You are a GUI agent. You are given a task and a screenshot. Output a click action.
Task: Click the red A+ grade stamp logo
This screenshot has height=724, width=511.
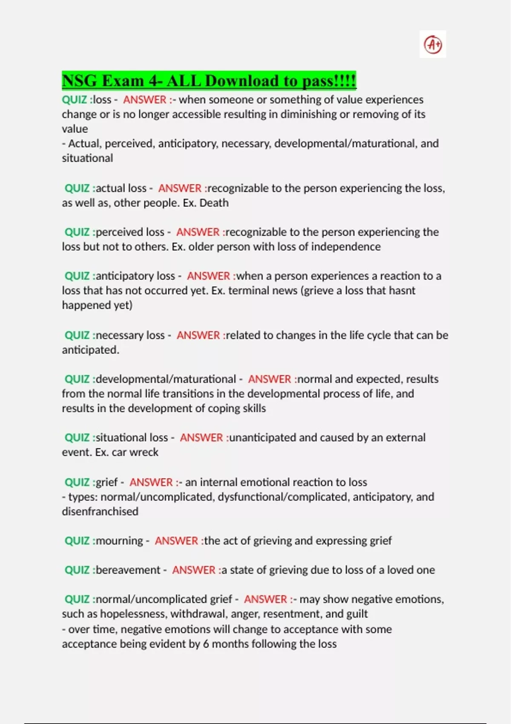(433, 44)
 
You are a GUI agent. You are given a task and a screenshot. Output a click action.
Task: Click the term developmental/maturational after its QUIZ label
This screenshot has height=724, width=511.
(166, 379)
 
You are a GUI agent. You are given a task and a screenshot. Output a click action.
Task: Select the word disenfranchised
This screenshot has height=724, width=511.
(100, 511)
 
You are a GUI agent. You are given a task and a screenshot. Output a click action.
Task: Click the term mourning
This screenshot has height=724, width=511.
(119, 541)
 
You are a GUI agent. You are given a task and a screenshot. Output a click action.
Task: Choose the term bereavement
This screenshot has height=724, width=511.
(128, 570)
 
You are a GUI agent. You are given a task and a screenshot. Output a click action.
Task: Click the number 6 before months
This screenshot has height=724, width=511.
(206, 644)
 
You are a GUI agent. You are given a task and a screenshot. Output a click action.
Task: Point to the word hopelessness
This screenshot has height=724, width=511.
(133, 614)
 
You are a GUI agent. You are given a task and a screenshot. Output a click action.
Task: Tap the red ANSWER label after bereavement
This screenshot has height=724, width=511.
(194, 570)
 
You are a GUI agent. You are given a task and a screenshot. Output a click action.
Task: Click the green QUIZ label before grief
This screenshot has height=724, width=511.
(77, 483)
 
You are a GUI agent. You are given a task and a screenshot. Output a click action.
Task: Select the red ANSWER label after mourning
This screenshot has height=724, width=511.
(176, 541)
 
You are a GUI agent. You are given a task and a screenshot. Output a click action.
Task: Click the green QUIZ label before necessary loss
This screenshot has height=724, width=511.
(77, 336)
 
